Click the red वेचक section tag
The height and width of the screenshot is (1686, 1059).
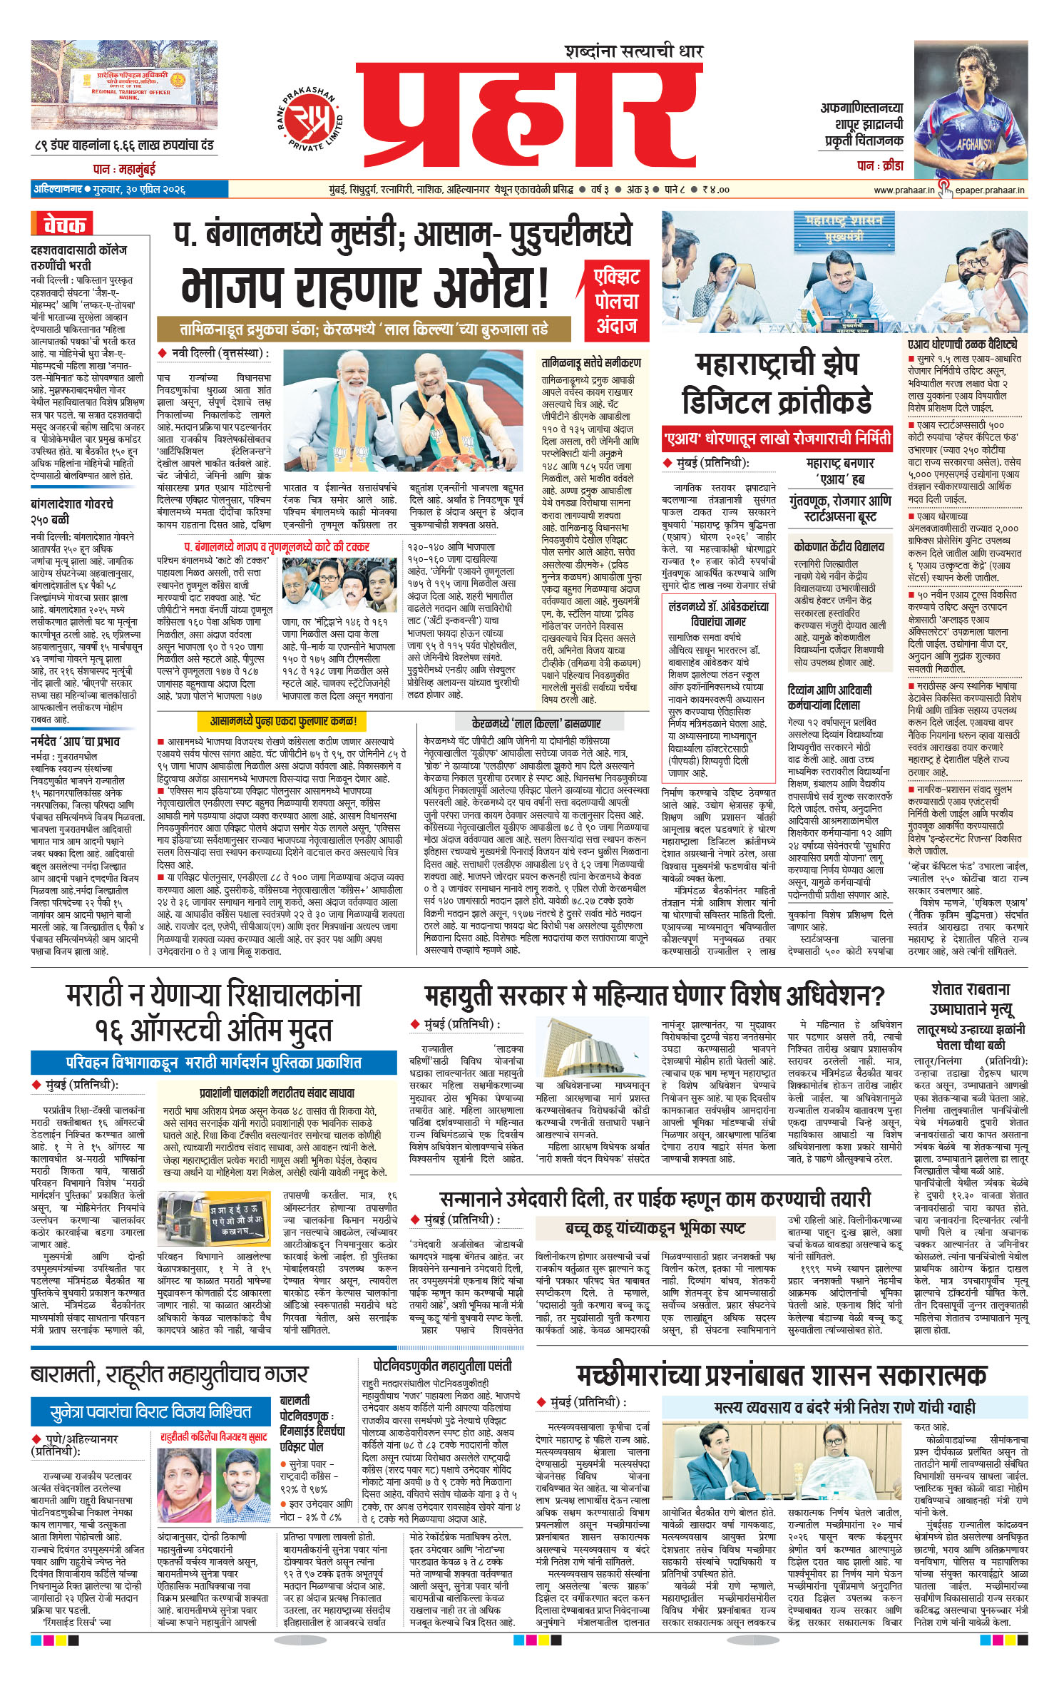tap(63, 225)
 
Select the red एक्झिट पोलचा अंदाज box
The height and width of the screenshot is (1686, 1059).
tap(617, 301)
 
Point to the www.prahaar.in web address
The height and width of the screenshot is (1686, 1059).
tap(904, 190)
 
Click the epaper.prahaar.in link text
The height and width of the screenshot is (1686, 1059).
tap(990, 190)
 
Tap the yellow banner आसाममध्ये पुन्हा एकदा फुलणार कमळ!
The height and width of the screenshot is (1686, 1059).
tap(283, 721)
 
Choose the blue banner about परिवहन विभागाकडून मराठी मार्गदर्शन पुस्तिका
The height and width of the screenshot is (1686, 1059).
tap(213, 1062)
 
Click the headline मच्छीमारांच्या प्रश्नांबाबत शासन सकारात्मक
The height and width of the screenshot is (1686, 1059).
tap(781, 1373)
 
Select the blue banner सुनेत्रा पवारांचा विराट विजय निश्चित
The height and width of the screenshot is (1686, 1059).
tap(150, 1411)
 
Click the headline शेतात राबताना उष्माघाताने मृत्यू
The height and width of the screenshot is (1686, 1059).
tap(971, 998)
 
